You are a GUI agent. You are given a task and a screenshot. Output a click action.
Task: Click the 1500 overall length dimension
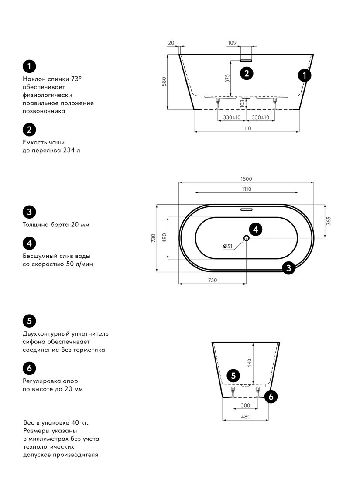click(246, 179)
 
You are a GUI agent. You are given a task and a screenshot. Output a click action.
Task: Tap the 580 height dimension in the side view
click(164, 82)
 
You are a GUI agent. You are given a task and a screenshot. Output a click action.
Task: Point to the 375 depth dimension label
click(227, 79)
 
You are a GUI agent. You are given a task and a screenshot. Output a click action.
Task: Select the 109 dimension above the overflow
click(232, 43)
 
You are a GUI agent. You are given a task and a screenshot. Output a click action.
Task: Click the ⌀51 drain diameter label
click(227, 246)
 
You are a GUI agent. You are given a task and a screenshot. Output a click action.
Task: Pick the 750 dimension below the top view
click(213, 280)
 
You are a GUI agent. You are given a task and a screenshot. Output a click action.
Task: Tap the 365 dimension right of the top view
click(329, 221)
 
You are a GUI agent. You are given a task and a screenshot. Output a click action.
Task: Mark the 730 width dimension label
click(153, 238)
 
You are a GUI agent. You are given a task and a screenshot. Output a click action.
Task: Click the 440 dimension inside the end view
click(250, 363)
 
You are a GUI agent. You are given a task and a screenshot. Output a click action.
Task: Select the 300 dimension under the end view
click(246, 405)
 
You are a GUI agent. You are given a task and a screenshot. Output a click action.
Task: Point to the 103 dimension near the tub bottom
click(243, 103)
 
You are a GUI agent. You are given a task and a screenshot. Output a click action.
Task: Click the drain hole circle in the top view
click(247, 238)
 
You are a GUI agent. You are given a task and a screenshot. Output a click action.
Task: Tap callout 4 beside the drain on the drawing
click(256, 229)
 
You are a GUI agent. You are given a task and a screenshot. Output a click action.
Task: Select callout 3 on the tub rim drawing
click(288, 268)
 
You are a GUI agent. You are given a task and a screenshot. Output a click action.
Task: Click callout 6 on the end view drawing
click(271, 397)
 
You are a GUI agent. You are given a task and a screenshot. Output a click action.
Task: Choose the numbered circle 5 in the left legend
click(29, 321)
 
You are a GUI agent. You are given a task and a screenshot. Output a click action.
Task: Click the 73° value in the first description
click(76, 79)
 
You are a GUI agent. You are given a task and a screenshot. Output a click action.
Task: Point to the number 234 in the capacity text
click(69, 150)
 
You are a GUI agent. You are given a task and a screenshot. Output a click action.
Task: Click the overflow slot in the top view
click(246, 210)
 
